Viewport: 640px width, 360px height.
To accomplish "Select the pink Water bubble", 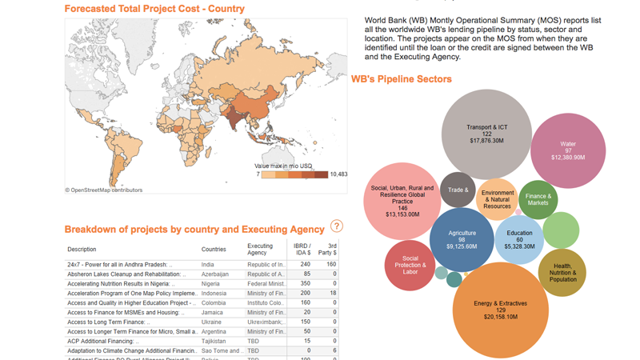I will [x=568, y=150].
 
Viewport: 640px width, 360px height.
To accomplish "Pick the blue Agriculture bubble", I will [x=462, y=239].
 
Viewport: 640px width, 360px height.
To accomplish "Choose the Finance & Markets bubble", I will [x=538, y=199].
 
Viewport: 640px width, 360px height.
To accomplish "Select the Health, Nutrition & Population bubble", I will [x=562, y=273].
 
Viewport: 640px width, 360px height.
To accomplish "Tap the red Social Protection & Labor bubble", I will [x=410, y=265].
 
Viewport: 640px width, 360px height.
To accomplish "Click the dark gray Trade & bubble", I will [x=458, y=190].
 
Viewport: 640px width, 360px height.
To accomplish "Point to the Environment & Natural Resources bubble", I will [x=497, y=199].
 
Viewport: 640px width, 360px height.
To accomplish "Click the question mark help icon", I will [x=337, y=226].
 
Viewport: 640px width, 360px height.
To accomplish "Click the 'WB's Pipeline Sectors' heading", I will [x=401, y=79].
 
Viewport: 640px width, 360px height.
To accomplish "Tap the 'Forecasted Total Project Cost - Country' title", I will [x=154, y=9].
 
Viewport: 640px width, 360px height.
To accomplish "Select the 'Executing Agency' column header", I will [x=260, y=250].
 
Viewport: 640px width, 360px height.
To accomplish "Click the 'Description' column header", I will [x=82, y=250].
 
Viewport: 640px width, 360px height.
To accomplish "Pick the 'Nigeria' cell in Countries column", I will [x=210, y=284].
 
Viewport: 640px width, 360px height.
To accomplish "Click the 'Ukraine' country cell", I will [x=211, y=322].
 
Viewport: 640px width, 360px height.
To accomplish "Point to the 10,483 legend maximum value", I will [x=338, y=174].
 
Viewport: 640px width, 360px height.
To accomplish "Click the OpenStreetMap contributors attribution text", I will [x=104, y=190].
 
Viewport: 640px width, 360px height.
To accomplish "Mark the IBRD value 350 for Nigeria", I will [x=305, y=284].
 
